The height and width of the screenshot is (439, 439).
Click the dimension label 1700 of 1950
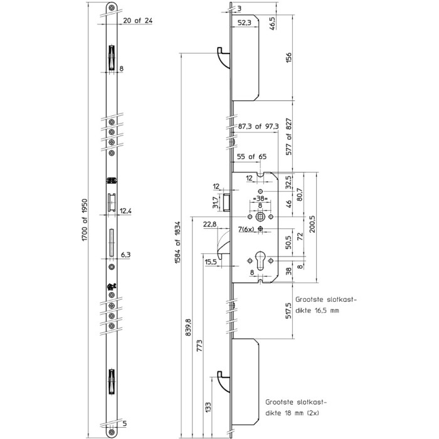[x=85, y=219]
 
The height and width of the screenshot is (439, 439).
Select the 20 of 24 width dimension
[x=138, y=21]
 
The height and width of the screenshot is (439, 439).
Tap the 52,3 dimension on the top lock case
[x=245, y=23]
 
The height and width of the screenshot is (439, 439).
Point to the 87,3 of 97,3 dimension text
[x=258, y=126]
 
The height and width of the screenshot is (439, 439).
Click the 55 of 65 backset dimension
[x=251, y=157]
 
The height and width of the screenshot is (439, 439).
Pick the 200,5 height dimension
[x=312, y=224]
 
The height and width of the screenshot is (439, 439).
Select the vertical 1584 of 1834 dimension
[x=177, y=243]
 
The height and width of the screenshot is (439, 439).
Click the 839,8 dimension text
[x=188, y=327]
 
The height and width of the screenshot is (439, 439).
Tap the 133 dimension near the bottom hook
[x=208, y=408]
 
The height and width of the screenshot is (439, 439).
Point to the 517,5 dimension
[x=288, y=310]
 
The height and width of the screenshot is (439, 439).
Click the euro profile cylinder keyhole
[x=260, y=261]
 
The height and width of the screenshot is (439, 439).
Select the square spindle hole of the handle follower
[x=260, y=217]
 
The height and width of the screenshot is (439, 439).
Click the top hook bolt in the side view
[x=224, y=58]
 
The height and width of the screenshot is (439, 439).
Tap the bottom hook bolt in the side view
[x=224, y=381]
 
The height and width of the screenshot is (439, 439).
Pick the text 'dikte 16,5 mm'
[x=317, y=310]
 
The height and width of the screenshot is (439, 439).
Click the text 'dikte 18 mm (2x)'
[x=292, y=413]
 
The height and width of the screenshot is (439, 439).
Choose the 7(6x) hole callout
[x=246, y=230]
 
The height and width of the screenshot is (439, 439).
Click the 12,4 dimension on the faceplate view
[x=125, y=211]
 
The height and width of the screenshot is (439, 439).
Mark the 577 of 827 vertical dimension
[x=288, y=137]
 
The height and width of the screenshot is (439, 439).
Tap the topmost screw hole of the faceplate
[x=112, y=8]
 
